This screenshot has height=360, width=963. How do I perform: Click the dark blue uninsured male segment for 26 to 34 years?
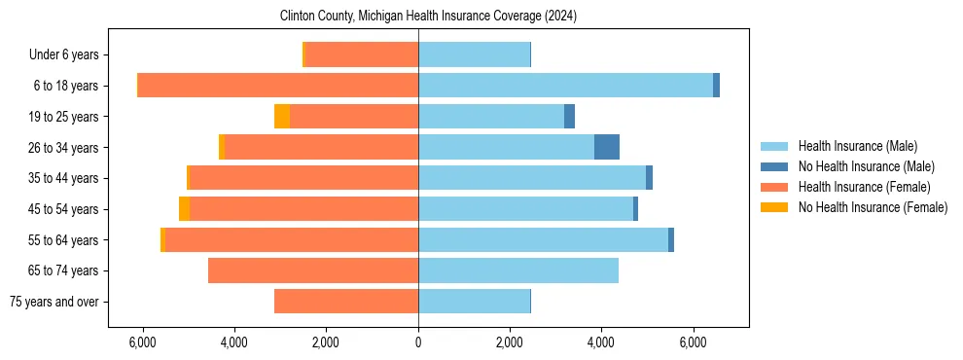click(x=607, y=147)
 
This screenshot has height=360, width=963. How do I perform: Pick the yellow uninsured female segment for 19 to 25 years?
click(x=282, y=117)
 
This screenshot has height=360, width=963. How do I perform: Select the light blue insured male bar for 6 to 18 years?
click(x=565, y=86)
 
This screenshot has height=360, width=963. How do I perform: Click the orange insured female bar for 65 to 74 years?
click(x=313, y=270)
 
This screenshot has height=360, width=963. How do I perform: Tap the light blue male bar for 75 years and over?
click(x=474, y=302)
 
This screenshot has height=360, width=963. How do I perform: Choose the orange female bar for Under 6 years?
click(x=362, y=54)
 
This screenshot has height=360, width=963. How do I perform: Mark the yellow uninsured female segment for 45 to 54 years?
click(x=185, y=209)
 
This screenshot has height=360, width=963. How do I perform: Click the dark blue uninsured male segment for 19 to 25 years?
click(x=569, y=117)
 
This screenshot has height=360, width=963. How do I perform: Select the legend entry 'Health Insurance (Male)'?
click(x=857, y=146)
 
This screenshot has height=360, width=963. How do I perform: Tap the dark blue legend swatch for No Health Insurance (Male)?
click(x=774, y=166)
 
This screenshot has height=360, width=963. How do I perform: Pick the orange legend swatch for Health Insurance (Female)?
click(x=774, y=187)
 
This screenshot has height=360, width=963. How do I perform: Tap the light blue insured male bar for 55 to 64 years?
click(x=543, y=239)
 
